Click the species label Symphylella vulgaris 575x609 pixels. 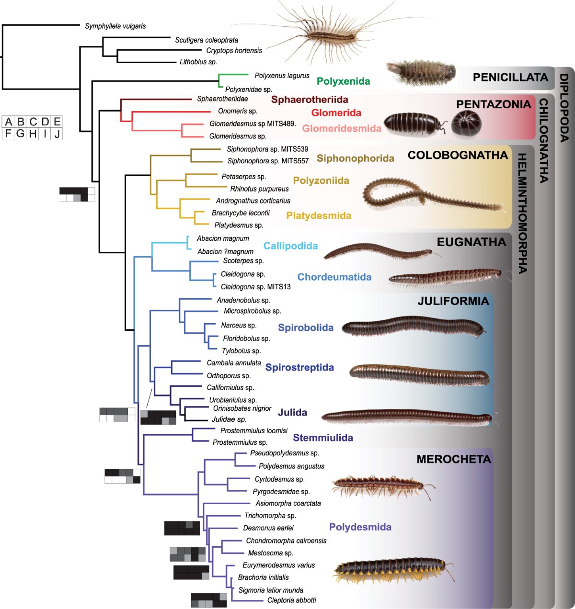115,26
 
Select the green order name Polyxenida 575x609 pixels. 343,81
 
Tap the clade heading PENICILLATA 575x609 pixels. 510,77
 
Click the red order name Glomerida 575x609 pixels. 336,113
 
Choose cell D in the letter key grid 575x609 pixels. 45,122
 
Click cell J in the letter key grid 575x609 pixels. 57,134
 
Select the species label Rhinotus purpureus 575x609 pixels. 259,189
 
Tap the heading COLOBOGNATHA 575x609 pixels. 458,155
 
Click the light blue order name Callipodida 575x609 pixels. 290,246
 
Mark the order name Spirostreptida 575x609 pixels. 299,368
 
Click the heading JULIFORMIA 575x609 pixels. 453,301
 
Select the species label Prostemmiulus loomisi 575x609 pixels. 254,430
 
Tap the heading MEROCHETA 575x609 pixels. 453,460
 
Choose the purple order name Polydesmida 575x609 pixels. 360,527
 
